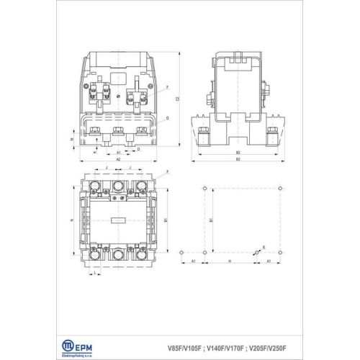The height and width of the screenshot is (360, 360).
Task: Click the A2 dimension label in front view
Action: point(119,158)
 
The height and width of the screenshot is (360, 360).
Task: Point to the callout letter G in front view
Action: point(167,117)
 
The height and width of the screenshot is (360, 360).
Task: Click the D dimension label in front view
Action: point(138,149)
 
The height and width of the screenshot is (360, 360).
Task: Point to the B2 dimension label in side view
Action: point(237,153)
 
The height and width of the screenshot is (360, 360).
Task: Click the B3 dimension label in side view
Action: point(237,159)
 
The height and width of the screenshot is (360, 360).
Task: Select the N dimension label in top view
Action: point(73,219)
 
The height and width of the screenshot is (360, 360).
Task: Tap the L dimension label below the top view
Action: point(94,273)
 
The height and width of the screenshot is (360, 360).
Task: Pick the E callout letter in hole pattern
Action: point(264,247)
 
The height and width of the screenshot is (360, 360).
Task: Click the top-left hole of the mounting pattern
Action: point(205,189)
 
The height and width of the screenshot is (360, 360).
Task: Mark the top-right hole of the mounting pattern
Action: point(279,189)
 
